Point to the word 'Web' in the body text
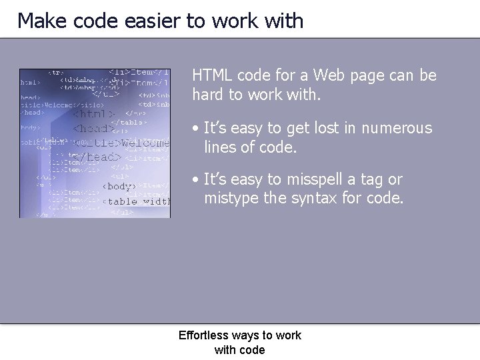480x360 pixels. [x=329, y=75]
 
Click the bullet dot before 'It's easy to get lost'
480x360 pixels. [x=195, y=128]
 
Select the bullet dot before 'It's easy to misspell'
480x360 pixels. [x=195, y=180]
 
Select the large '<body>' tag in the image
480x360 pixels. [x=118, y=186]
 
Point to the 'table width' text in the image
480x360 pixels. [x=139, y=201]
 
